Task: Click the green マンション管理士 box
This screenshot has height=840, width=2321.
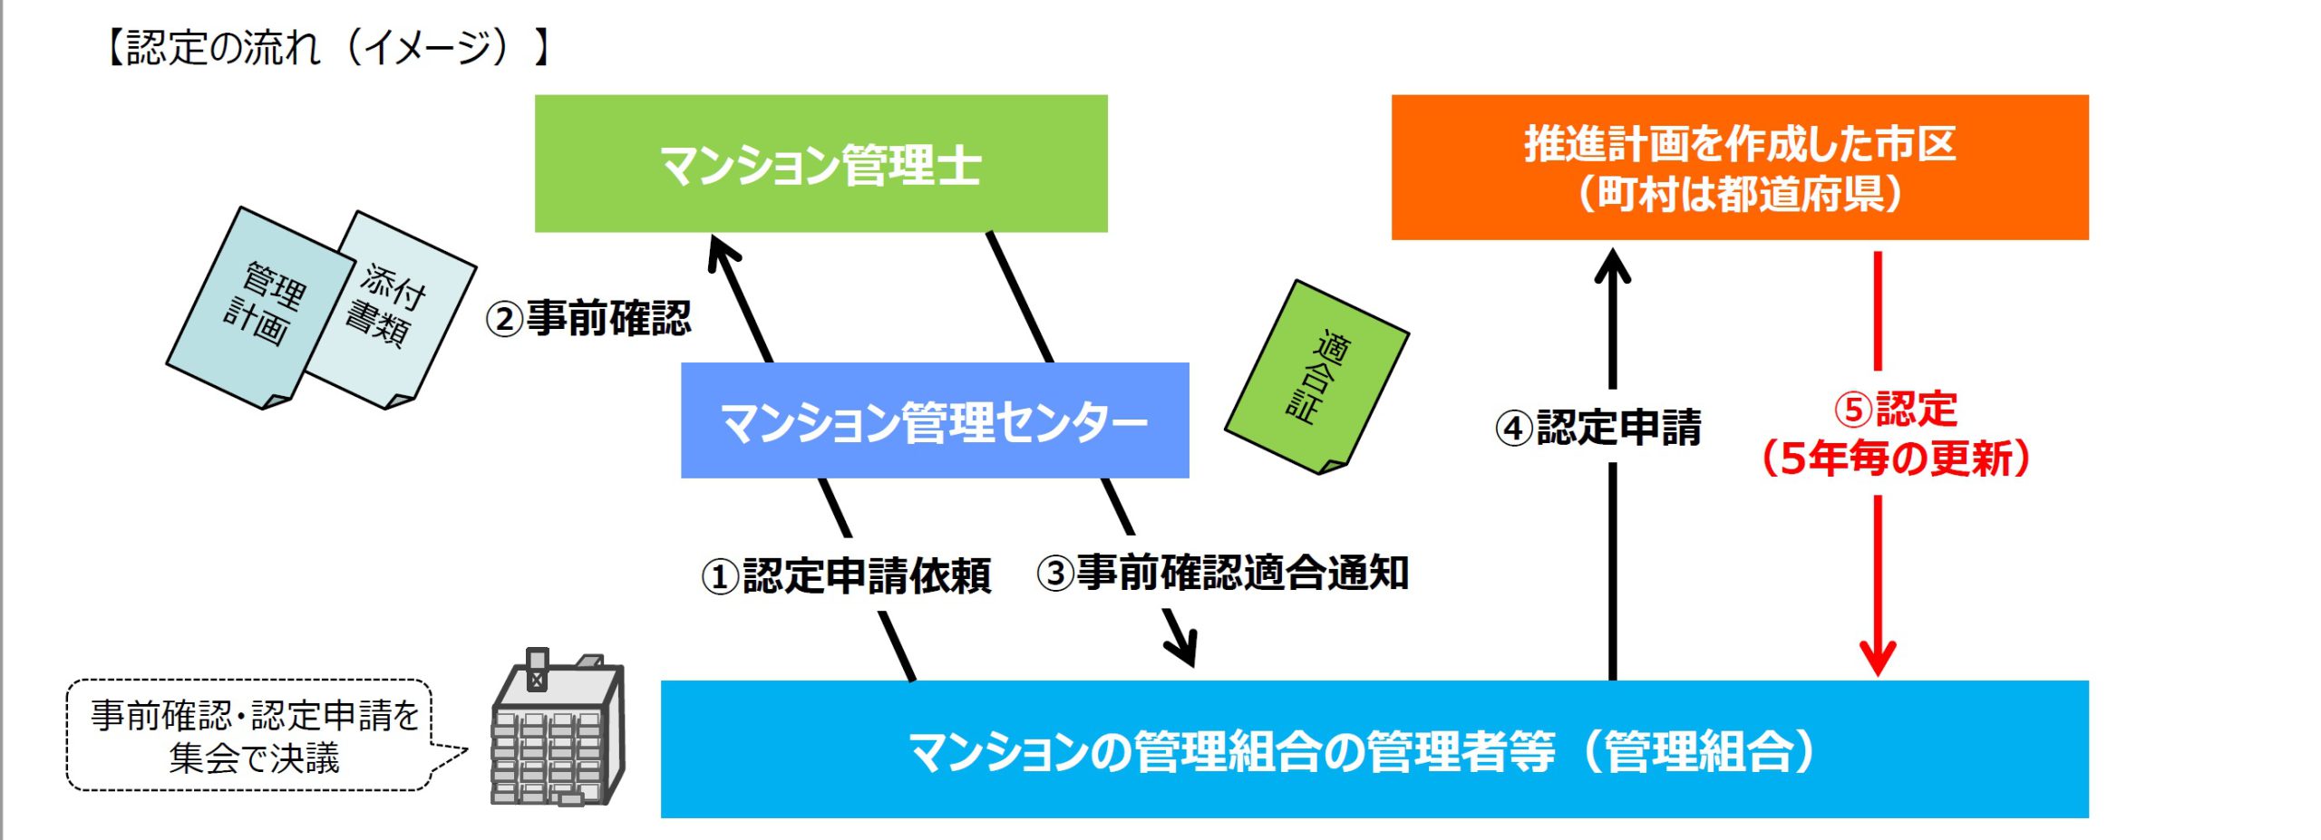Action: tap(821, 163)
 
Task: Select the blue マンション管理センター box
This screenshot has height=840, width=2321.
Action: tap(935, 420)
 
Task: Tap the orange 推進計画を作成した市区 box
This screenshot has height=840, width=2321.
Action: tap(1740, 168)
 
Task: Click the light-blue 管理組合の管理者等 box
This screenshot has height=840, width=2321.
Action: tap(1374, 749)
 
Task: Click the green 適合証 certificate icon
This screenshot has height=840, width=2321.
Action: tap(1316, 377)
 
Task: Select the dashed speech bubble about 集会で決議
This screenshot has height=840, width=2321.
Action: tap(258, 736)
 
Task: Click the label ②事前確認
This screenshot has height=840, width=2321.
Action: tap(588, 318)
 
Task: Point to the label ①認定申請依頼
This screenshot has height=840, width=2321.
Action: tap(846, 575)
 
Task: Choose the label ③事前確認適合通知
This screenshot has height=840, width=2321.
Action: tap(1223, 573)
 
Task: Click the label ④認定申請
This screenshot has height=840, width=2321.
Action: tap(1598, 427)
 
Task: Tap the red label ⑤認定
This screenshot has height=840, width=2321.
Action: tap(1896, 409)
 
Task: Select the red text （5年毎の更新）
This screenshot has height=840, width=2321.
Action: tap(1896, 459)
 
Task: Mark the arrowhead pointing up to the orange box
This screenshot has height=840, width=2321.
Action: tap(1612, 266)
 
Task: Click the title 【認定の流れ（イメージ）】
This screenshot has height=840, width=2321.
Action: tap(327, 47)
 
